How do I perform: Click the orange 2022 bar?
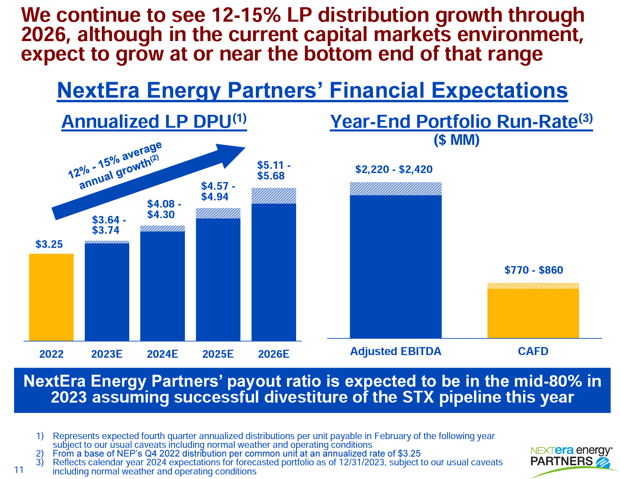(51, 297)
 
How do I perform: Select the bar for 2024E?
(162, 285)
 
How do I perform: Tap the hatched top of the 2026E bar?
(274, 196)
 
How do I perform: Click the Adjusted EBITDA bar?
(395, 266)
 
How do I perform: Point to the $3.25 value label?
(49, 244)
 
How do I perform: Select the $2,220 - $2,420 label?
(394, 169)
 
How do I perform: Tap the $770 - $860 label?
(534, 270)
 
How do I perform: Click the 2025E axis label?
(218, 354)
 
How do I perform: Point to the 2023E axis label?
(107, 354)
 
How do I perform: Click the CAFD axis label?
(533, 351)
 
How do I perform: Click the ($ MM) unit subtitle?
(457, 140)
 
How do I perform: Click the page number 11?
(19, 470)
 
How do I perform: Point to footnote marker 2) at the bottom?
(40, 454)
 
